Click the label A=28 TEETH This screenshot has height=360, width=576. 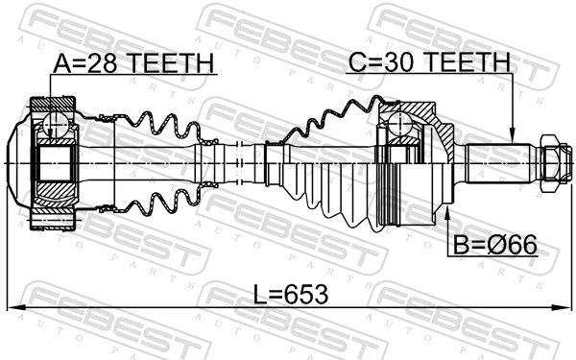132,63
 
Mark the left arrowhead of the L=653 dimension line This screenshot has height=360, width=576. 12,308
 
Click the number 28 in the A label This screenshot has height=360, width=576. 98,63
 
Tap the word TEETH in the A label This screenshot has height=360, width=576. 167,63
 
